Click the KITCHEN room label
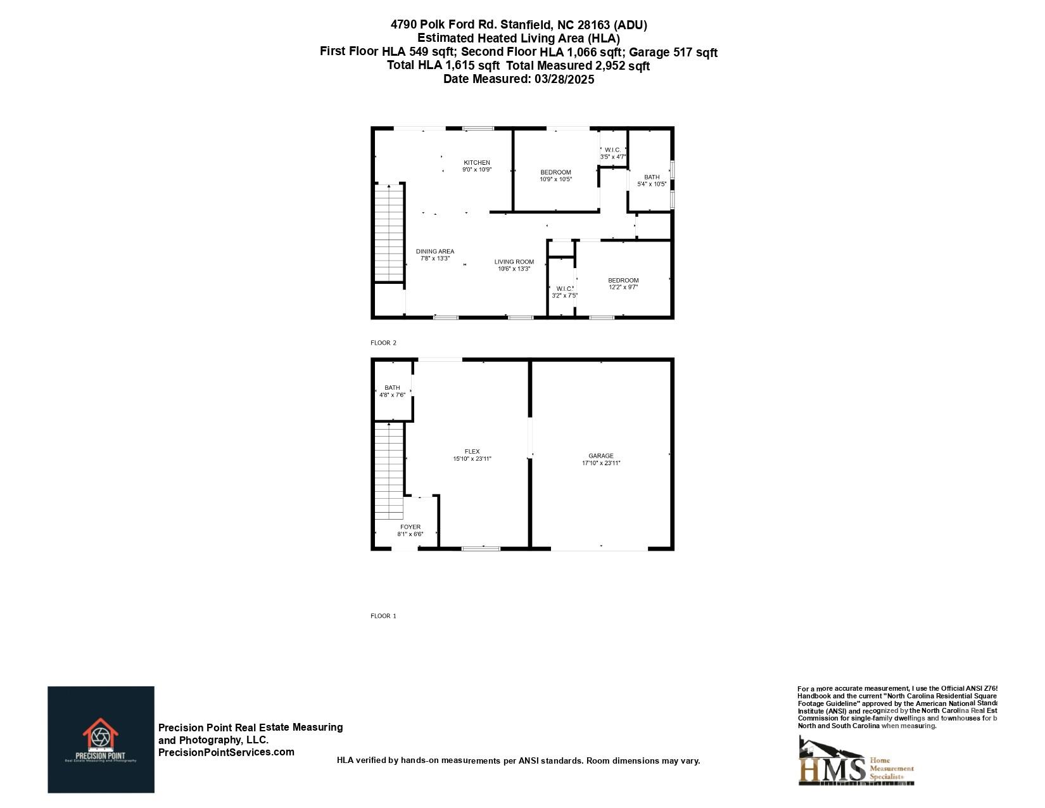pos(476,163)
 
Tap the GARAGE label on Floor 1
pos(600,456)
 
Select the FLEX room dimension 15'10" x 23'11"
pos(472,459)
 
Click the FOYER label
pos(410,527)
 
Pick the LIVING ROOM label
pos(514,262)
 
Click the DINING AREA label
pos(434,252)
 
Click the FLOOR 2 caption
pos(383,343)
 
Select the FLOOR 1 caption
pos(383,616)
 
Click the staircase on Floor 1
pos(389,469)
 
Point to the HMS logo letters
pos(832,769)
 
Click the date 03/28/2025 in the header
pos(564,79)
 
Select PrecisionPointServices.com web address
pos(226,752)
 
